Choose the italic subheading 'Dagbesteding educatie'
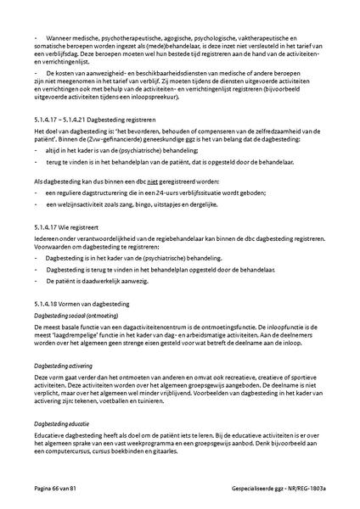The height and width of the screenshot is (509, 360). tap(59, 422)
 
